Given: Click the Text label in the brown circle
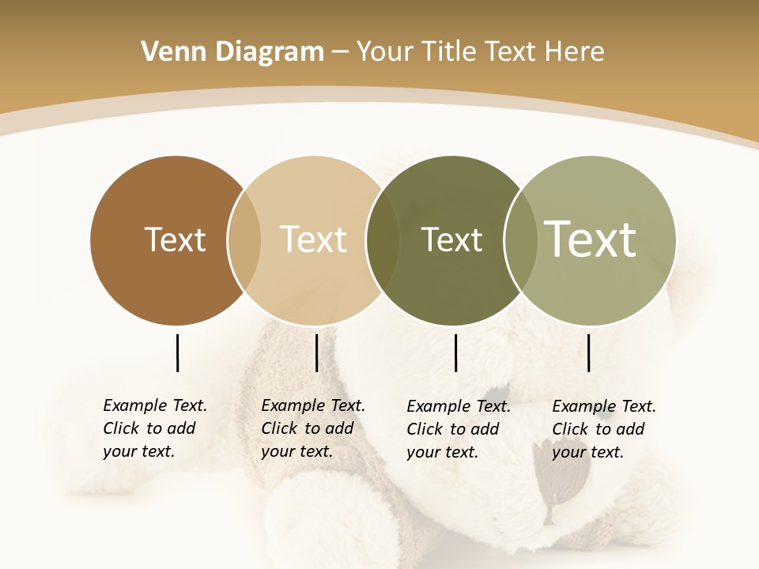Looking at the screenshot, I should [175, 239].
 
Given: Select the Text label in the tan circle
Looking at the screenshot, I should [313, 239].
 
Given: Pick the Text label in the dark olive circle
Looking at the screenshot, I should [451, 239].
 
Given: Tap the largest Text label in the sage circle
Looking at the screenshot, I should [591, 239].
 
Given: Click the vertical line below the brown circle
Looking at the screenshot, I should [177, 352].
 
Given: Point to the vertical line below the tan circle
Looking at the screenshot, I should [316, 352].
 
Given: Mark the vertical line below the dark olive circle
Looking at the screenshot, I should [455, 352].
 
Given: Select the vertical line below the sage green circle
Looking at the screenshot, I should [588, 352].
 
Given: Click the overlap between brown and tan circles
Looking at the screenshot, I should [244, 240].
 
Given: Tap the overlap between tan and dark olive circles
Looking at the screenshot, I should [383, 240].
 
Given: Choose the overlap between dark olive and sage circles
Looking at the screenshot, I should [521, 240].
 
